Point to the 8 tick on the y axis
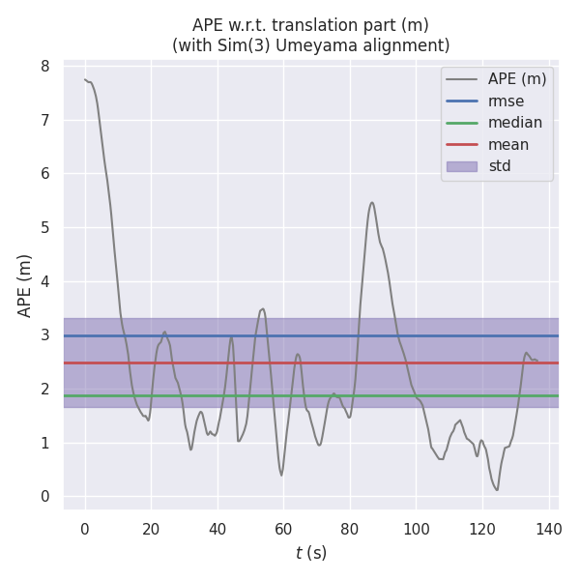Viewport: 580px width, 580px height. point(44,67)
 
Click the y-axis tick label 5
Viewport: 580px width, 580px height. point(44,228)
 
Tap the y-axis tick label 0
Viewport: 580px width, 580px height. point(44,497)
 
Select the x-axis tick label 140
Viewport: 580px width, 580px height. point(549,529)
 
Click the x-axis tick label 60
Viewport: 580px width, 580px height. point(283,529)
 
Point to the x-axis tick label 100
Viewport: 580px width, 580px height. point(417,529)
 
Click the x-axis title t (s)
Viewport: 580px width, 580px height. point(311,553)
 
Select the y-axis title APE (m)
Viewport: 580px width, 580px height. point(25,285)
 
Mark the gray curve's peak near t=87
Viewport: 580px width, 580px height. point(372,203)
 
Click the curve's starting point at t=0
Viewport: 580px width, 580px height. point(85,79)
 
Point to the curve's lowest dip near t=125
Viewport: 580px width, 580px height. point(497,490)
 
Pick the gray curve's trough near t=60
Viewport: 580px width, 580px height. point(281,475)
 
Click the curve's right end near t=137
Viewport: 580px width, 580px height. point(537,361)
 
